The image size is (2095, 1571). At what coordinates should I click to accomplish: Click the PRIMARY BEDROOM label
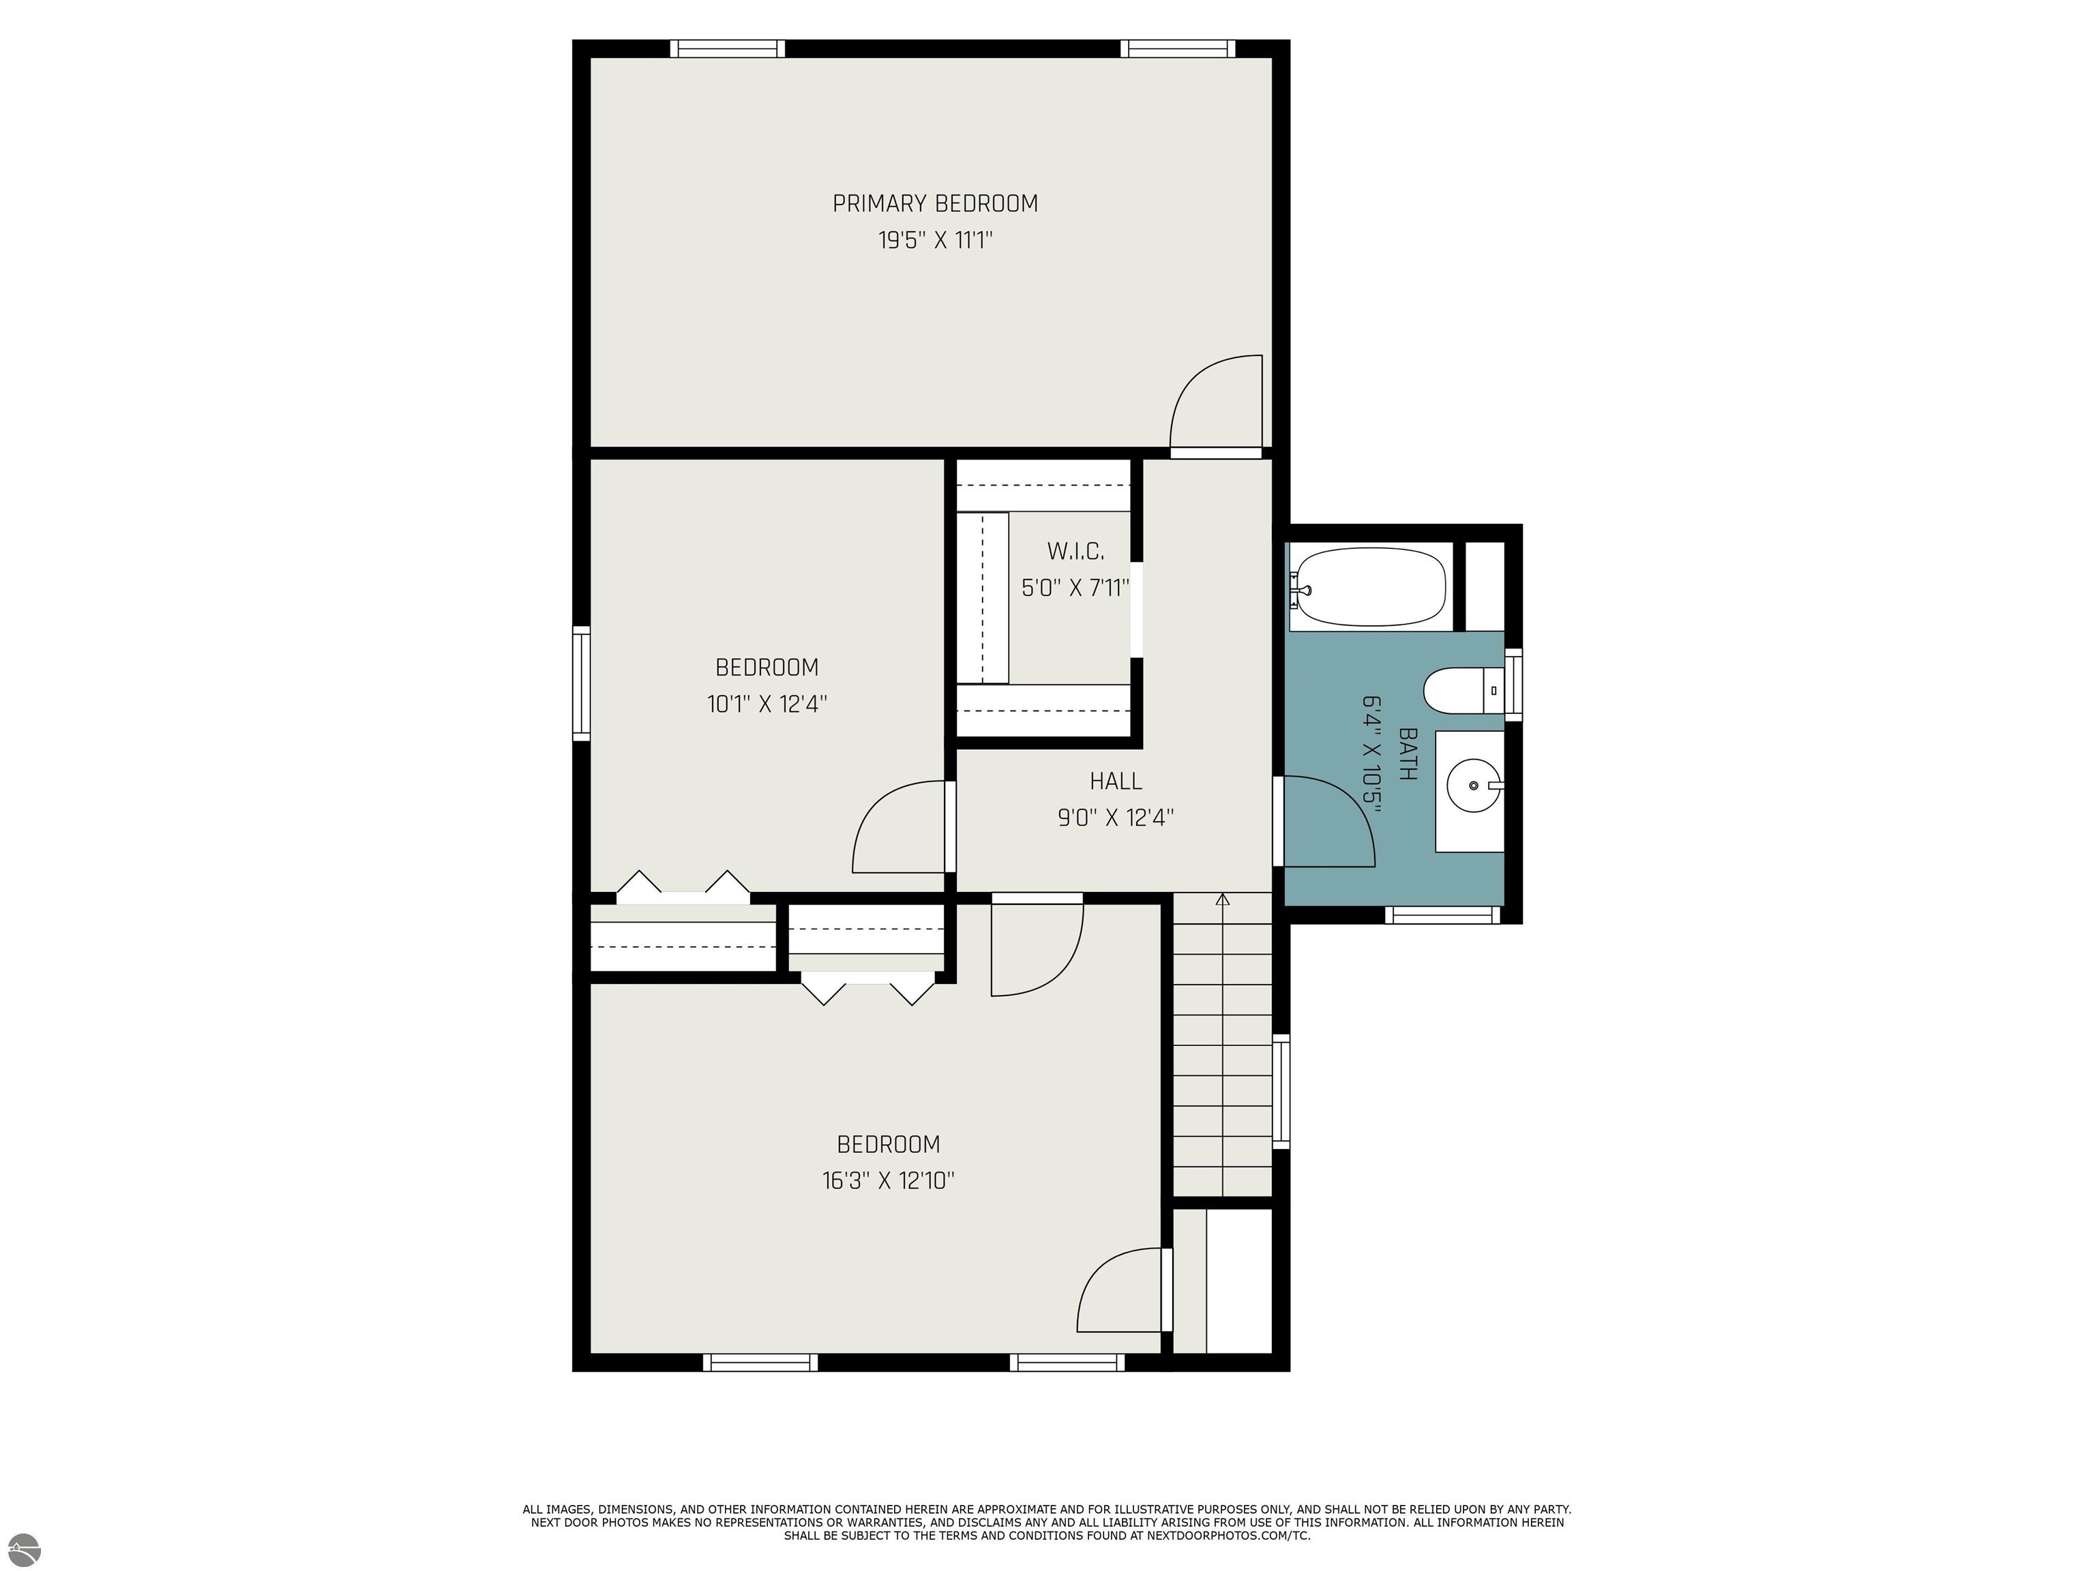click(x=935, y=204)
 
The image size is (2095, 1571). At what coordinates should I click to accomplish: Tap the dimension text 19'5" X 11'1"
click(x=935, y=241)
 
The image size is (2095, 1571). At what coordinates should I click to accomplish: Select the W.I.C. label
click(x=1075, y=551)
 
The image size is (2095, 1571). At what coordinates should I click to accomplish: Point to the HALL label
click(x=1116, y=781)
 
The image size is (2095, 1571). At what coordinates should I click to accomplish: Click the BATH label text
click(x=1408, y=753)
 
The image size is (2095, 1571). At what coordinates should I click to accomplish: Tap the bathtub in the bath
click(x=1369, y=587)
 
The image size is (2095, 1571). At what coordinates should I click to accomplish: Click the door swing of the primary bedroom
click(x=1217, y=402)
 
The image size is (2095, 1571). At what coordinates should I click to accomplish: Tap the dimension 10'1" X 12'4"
click(x=767, y=704)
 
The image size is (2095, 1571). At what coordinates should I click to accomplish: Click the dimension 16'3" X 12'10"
click(x=889, y=1181)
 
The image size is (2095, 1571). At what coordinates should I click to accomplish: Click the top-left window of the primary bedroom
click(x=728, y=48)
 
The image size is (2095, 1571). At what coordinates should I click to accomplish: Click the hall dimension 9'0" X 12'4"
click(x=1116, y=818)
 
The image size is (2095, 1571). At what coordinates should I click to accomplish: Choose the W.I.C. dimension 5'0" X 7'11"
click(x=1075, y=588)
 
